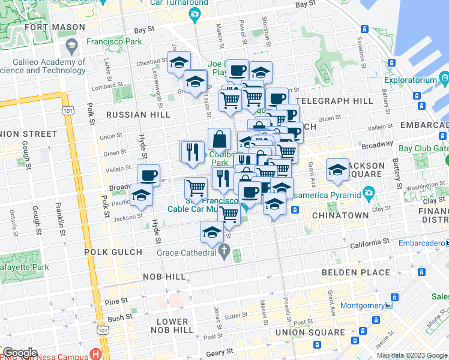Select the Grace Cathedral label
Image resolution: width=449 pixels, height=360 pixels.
(186, 253)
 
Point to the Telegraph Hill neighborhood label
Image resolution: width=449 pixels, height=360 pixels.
(334, 101)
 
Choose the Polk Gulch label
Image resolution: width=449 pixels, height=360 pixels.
(113, 253)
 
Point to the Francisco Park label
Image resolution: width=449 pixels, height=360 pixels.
(114, 41)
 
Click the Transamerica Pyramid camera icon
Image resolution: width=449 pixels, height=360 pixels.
(369, 194)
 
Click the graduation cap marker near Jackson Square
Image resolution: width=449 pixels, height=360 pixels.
(338, 170)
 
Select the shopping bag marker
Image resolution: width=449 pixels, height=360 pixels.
(220, 139)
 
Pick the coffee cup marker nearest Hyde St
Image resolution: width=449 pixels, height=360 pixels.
(148, 176)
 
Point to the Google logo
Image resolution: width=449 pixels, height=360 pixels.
(20, 353)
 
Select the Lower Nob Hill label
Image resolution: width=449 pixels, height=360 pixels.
(172, 326)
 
